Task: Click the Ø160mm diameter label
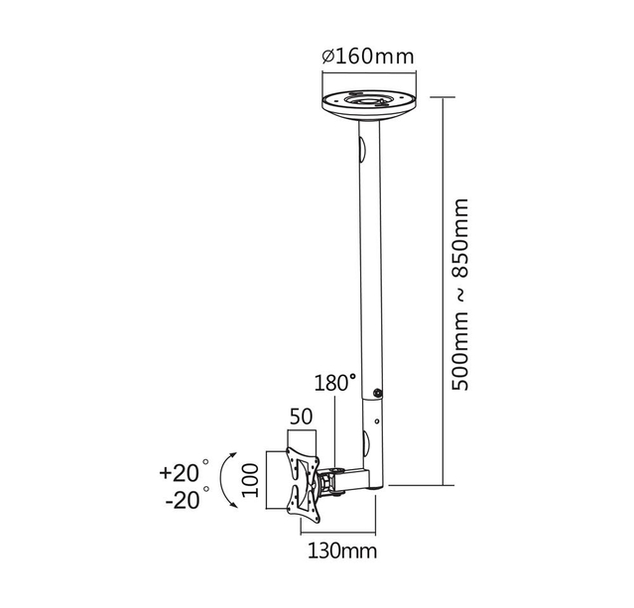coord(367,56)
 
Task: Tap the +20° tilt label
coord(183,470)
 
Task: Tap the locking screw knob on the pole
coord(379,394)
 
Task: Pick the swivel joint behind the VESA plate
coord(326,482)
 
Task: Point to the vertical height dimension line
coord(442,293)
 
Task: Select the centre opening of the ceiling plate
coord(367,99)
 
